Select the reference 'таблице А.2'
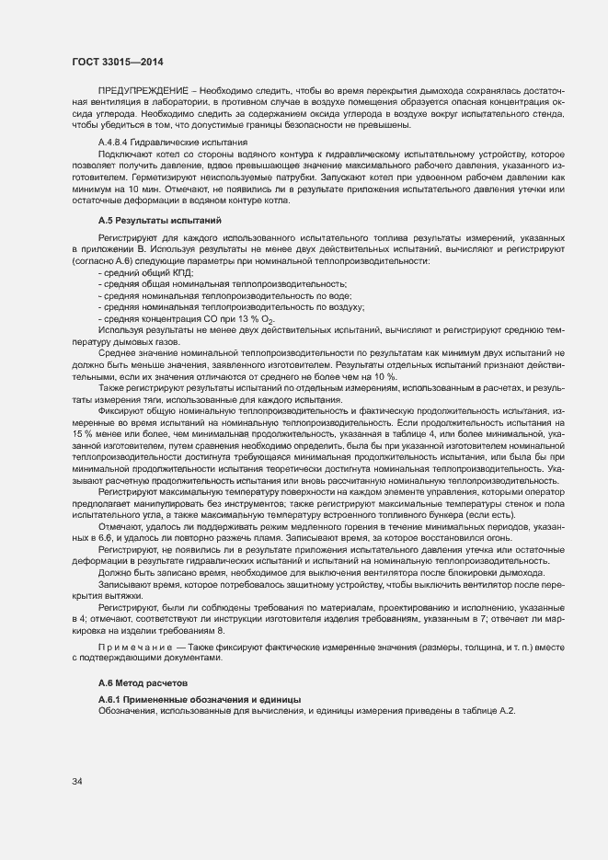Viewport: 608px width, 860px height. [492, 711]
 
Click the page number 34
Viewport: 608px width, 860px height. [77, 782]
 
